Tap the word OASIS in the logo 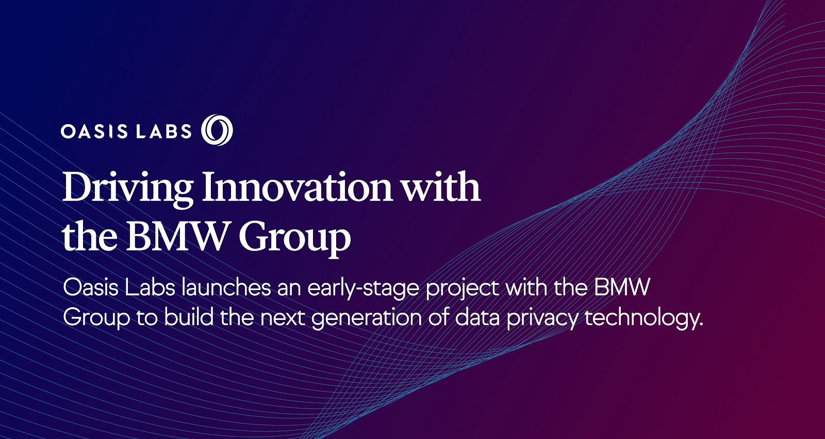pyautogui.click(x=94, y=131)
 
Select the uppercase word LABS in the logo pyautogui.click(x=164, y=131)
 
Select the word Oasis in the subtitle pyautogui.click(x=91, y=288)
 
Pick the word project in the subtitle pyautogui.click(x=463, y=290)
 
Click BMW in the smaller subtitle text pyautogui.click(x=621, y=288)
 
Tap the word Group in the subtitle pyautogui.click(x=96, y=319)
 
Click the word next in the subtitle pyautogui.click(x=283, y=318)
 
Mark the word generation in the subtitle pyautogui.click(x=367, y=319)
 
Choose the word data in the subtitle pyautogui.click(x=477, y=317)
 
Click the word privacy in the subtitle pyautogui.click(x=542, y=319)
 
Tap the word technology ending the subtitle pyautogui.click(x=644, y=319)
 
